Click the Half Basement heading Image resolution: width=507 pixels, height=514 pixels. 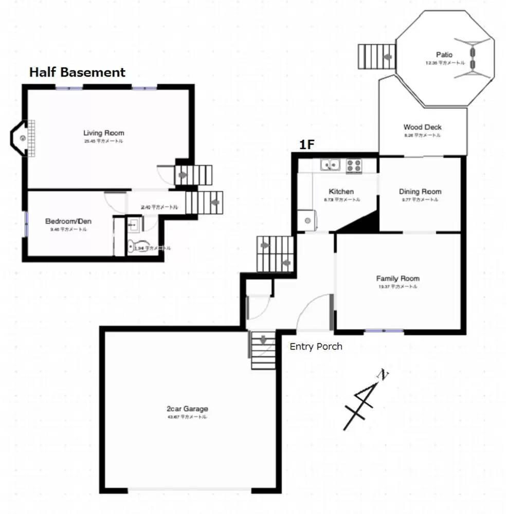pos(77,72)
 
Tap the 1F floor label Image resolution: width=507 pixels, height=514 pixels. pos(306,145)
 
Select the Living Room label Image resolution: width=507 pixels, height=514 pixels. pos(104,133)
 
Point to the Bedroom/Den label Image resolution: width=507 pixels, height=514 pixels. pos(68,221)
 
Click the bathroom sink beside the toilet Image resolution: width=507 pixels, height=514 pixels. pos(133,225)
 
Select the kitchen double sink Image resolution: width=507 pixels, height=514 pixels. pos(330,165)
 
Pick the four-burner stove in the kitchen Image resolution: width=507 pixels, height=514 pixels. pos(354,165)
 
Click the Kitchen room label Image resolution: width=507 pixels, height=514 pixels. pos(341,192)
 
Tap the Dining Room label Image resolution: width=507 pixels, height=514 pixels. pos(420,192)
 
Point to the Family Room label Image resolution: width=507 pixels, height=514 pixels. pos(397,279)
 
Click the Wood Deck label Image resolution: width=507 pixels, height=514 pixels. pos(422,127)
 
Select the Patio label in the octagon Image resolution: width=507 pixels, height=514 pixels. pos(444,54)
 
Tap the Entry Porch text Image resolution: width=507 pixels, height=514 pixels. pos(316,346)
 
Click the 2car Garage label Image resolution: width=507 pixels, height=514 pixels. pos(187,409)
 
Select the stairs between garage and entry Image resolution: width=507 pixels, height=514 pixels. pos(263,350)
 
